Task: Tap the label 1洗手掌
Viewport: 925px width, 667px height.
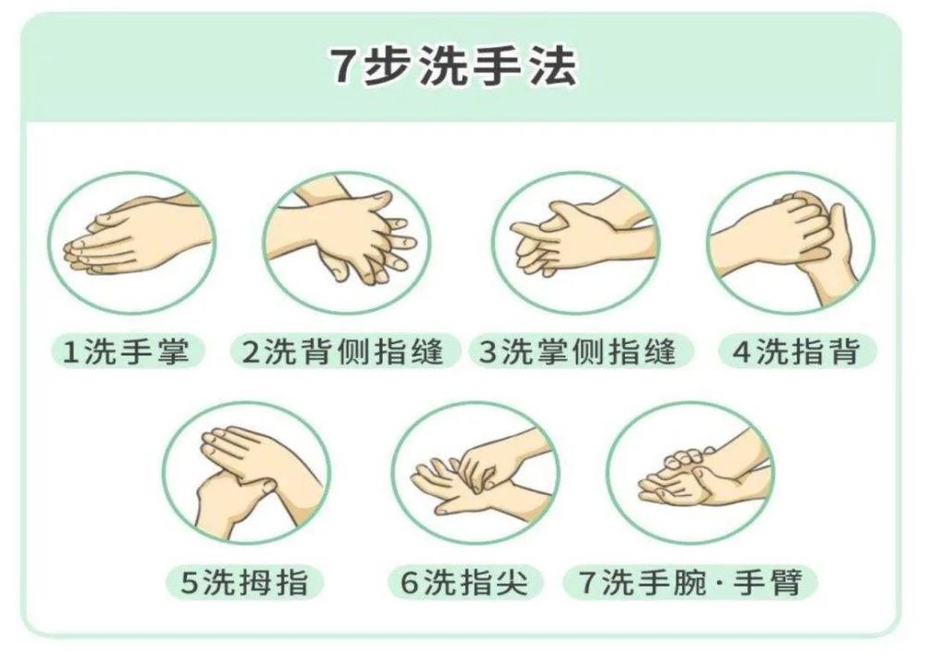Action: point(127,351)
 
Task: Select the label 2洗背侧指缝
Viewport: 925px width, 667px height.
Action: point(344,351)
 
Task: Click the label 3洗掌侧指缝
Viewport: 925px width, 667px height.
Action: point(576,351)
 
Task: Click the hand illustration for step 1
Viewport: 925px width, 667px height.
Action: point(131,243)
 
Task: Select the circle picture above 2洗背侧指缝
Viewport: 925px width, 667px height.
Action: point(346,243)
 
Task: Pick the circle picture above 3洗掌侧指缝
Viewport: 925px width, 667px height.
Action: point(574,243)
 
